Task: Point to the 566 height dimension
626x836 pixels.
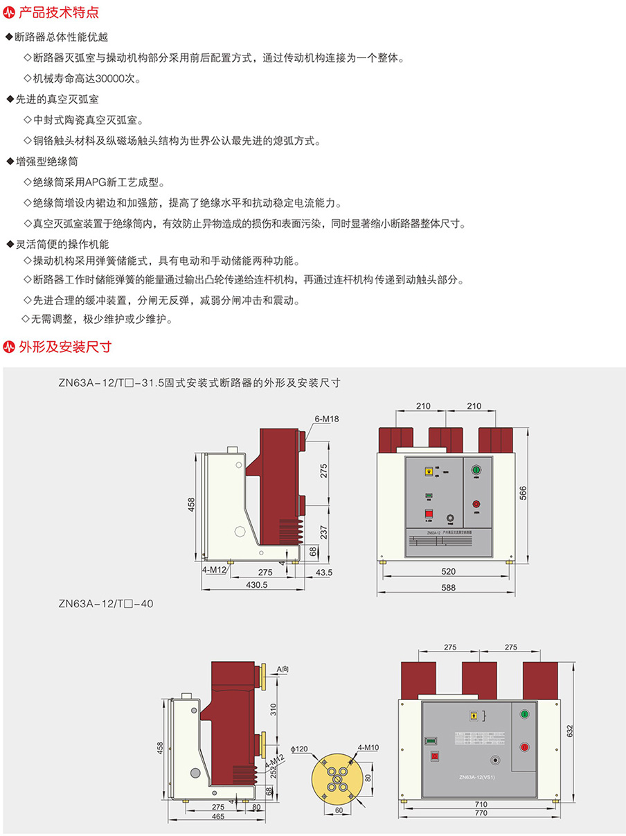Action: (x=524, y=491)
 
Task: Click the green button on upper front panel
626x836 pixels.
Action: (x=476, y=471)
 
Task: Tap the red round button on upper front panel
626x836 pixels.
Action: (x=476, y=505)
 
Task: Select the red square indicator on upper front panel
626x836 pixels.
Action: (x=429, y=514)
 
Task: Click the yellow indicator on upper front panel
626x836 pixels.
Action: (x=429, y=472)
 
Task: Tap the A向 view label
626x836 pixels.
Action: (x=283, y=669)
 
